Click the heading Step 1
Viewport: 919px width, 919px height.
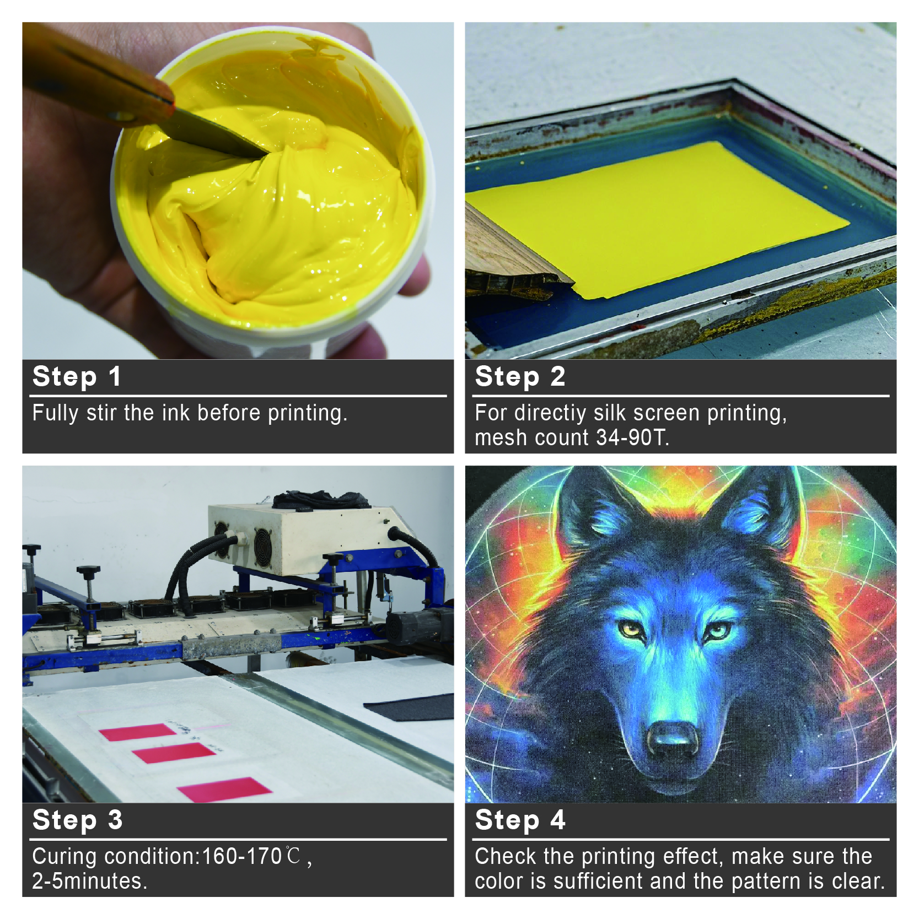tap(77, 377)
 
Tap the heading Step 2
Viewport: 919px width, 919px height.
tap(520, 377)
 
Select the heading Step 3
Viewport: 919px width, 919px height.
tap(78, 820)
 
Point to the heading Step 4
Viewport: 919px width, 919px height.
tap(520, 820)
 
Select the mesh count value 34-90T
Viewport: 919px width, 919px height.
tap(633, 438)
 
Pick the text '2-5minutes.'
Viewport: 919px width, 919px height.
tap(90, 881)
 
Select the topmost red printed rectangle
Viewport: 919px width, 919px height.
tap(138, 732)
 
